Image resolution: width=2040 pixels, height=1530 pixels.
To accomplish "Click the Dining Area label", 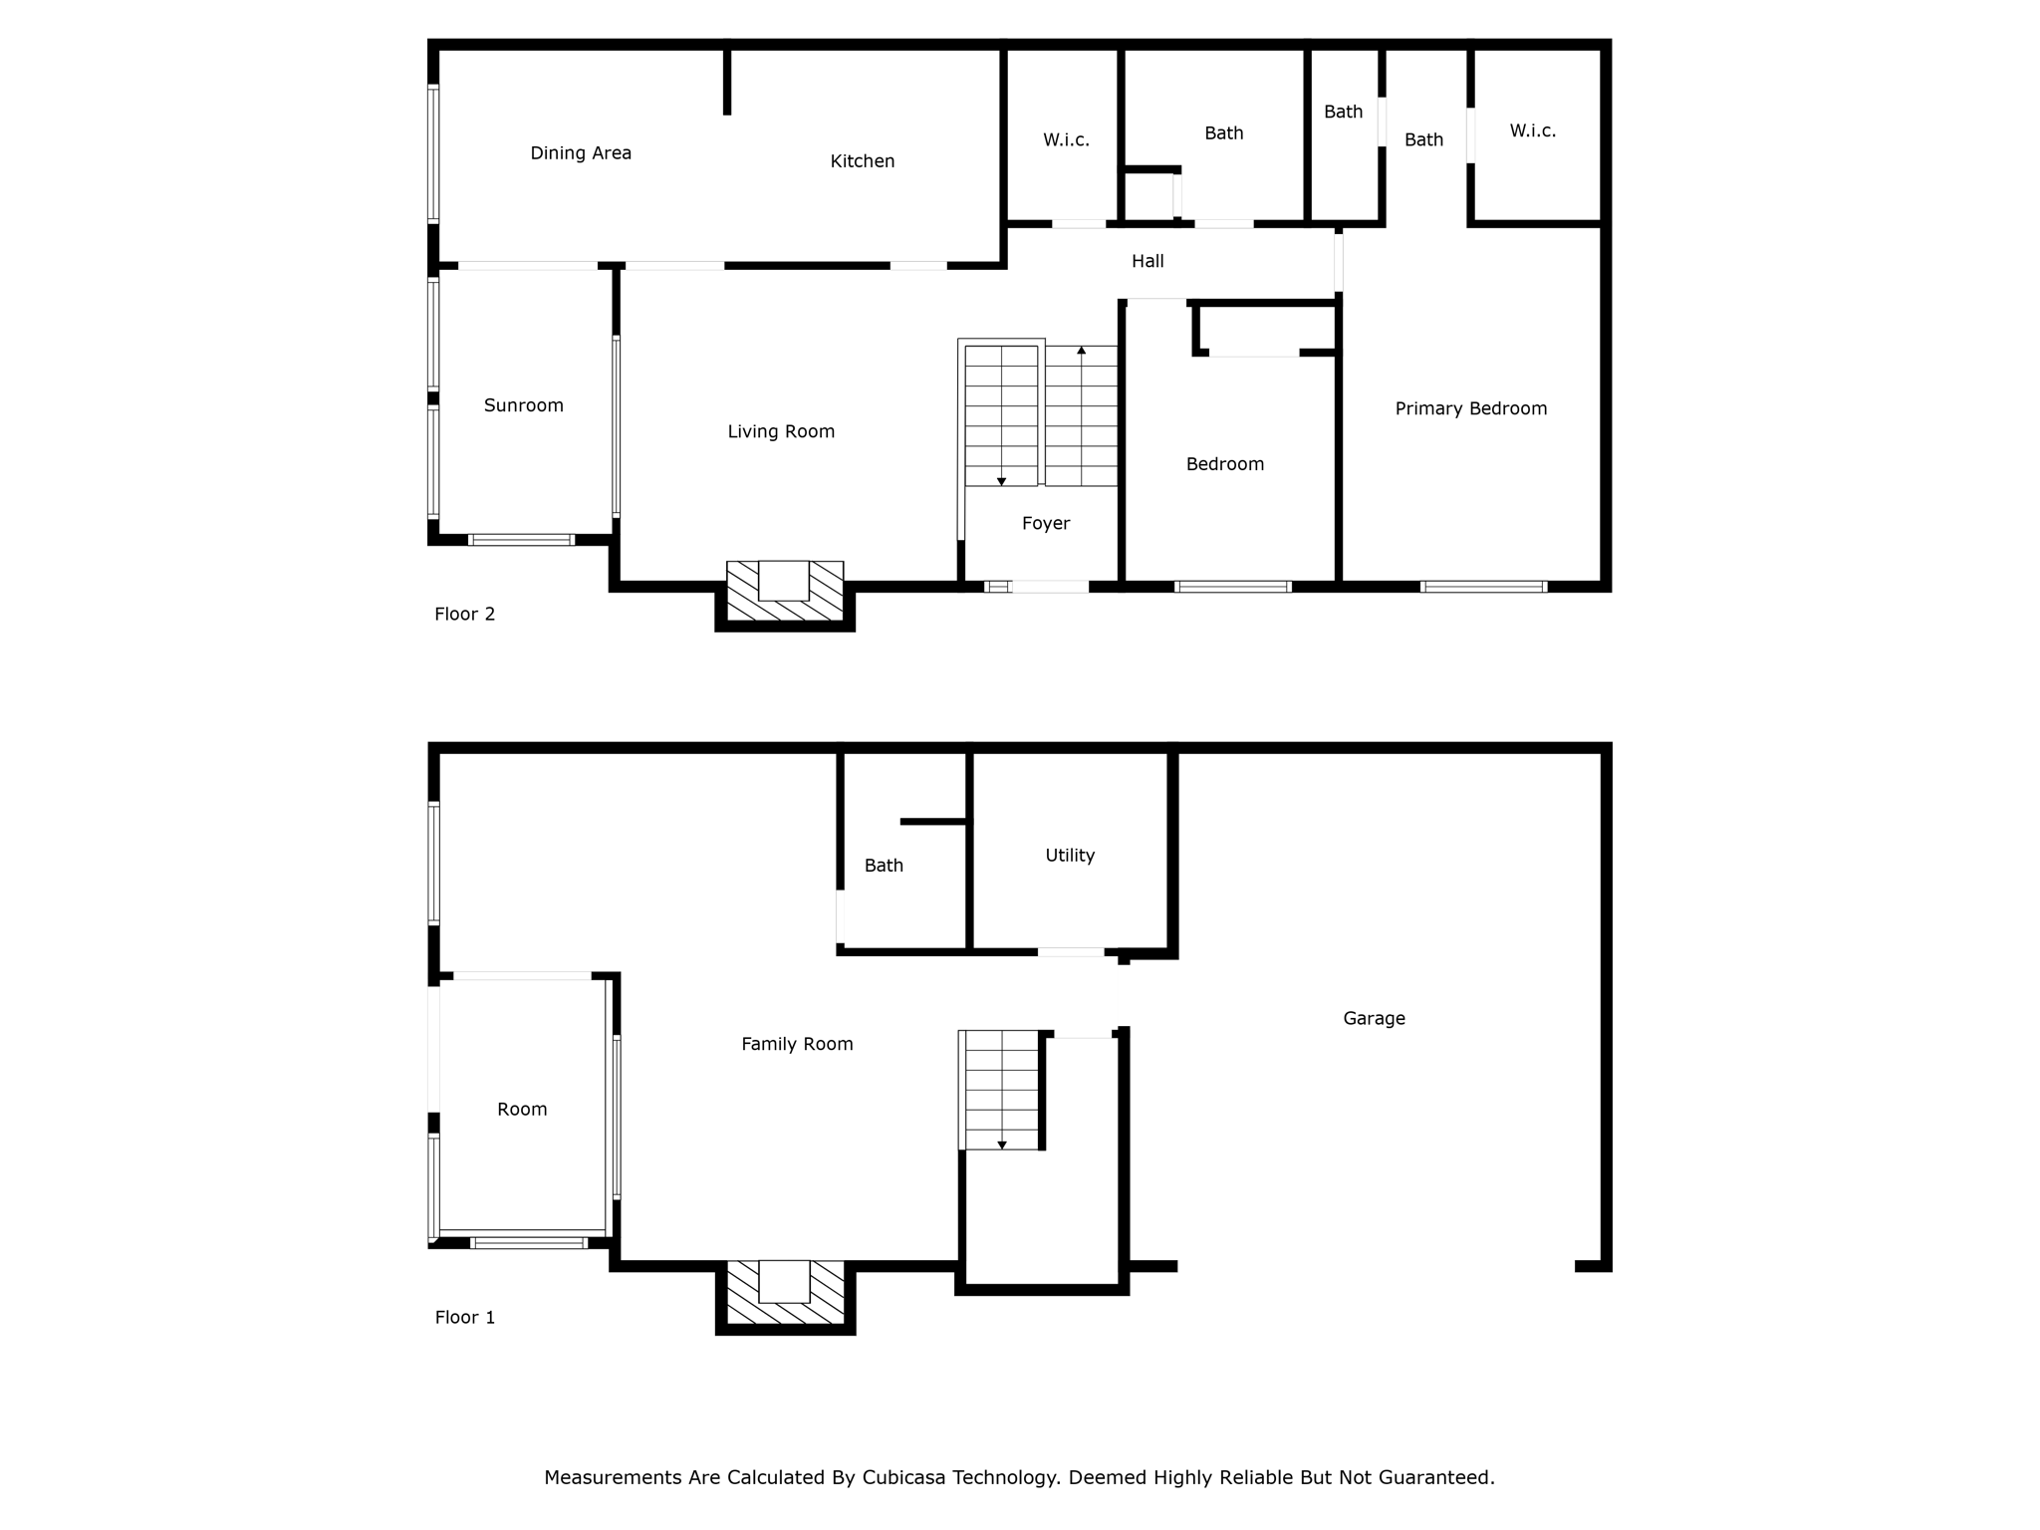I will [581, 153].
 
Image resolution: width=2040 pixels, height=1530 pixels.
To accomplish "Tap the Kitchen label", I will [862, 161].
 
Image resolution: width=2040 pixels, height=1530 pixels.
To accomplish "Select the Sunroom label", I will [523, 405].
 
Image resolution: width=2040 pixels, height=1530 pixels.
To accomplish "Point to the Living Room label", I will [781, 431].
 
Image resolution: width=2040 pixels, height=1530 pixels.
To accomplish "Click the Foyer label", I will [1045, 524].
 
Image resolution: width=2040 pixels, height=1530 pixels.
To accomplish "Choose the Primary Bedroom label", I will [1470, 408].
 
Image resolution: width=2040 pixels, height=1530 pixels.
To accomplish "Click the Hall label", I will [1147, 261].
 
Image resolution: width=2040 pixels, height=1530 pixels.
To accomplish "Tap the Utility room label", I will [1069, 856].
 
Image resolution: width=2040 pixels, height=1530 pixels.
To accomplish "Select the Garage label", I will [1374, 1018].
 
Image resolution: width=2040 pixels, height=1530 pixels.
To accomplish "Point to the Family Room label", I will [797, 1044].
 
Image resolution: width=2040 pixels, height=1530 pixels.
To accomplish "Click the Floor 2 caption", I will [464, 615].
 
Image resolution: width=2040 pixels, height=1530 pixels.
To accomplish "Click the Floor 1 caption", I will [464, 1318].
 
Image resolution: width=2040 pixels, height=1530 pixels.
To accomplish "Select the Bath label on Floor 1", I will [884, 866].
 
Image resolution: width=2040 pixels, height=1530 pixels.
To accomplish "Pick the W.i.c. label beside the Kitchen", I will [1066, 140].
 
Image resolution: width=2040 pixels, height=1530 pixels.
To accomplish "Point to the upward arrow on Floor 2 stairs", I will [1081, 351].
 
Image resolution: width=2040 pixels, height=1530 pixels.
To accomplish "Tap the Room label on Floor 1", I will [522, 1110].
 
